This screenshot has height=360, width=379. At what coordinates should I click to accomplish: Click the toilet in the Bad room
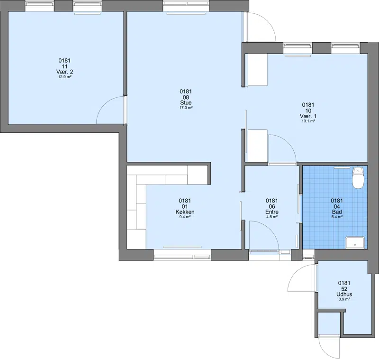click(x=358, y=178)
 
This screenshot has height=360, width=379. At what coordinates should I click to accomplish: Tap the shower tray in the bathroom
click(x=355, y=242)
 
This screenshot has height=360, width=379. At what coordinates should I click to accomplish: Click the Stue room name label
click(x=186, y=103)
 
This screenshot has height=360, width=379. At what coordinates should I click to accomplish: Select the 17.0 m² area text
click(x=186, y=108)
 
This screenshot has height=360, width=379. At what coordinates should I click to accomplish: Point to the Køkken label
click(x=185, y=212)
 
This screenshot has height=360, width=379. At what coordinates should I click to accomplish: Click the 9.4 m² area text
click(x=185, y=217)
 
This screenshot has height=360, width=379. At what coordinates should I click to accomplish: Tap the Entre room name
click(x=272, y=212)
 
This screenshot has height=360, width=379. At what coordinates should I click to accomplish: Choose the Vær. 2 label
click(x=64, y=72)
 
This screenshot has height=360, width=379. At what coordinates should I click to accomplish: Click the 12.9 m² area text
click(x=64, y=77)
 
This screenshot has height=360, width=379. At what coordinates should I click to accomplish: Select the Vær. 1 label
click(x=308, y=116)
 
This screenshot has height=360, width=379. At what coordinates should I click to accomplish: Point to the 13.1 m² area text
click(x=308, y=121)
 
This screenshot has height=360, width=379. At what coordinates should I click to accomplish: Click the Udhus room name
click(x=344, y=295)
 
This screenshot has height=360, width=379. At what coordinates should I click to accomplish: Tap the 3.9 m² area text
click(x=344, y=299)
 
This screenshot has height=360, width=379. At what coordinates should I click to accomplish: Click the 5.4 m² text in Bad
click(x=337, y=217)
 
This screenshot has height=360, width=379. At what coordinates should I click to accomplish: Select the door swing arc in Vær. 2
click(x=103, y=104)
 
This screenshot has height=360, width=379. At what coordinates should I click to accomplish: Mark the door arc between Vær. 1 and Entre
click(x=289, y=143)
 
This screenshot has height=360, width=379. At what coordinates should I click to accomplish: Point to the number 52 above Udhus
click(x=344, y=289)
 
